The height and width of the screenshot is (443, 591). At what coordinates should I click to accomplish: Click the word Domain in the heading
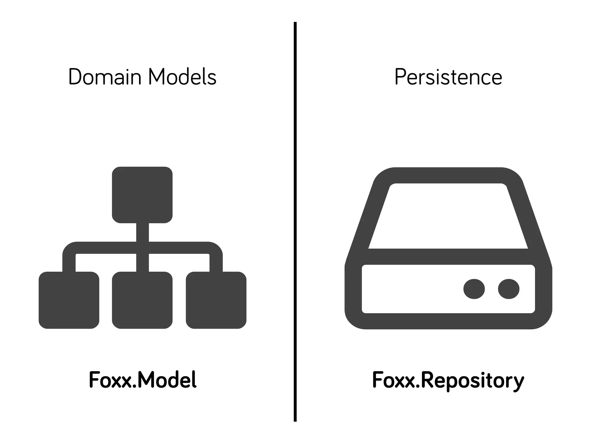tap(105, 77)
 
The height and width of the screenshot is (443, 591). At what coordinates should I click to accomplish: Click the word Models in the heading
tap(182, 77)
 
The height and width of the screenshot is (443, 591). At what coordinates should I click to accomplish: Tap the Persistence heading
tap(448, 77)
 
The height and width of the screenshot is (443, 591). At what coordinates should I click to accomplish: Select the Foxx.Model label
tap(143, 380)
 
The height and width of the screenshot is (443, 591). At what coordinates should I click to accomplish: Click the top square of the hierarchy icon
tap(142, 195)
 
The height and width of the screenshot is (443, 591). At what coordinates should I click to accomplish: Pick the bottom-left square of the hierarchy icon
tap(69, 300)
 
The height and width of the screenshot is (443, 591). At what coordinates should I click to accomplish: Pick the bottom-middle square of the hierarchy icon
tap(142, 300)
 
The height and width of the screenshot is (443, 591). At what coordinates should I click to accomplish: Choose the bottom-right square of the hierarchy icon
tap(216, 300)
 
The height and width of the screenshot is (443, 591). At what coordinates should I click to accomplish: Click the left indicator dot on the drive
tap(474, 289)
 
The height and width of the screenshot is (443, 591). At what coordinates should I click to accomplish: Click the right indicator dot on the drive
tap(509, 289)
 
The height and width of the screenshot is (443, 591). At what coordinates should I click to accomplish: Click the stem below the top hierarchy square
tap(143, 232)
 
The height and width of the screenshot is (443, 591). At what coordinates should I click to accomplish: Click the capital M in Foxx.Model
tap(147, 380)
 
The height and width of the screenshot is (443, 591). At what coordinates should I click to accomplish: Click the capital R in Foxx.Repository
tap(427, 380)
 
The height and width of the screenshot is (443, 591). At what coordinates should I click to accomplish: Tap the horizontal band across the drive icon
tap(448, 256)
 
